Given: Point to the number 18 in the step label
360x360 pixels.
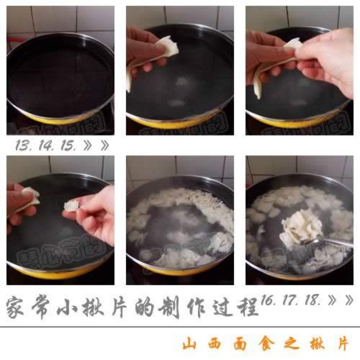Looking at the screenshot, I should [x=317, y=298].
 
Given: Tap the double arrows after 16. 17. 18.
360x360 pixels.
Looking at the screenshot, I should [x=343, y=298].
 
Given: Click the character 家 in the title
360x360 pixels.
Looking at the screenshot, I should [x=19, y=307].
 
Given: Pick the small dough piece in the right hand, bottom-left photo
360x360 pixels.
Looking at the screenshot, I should [x=72, y=205].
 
